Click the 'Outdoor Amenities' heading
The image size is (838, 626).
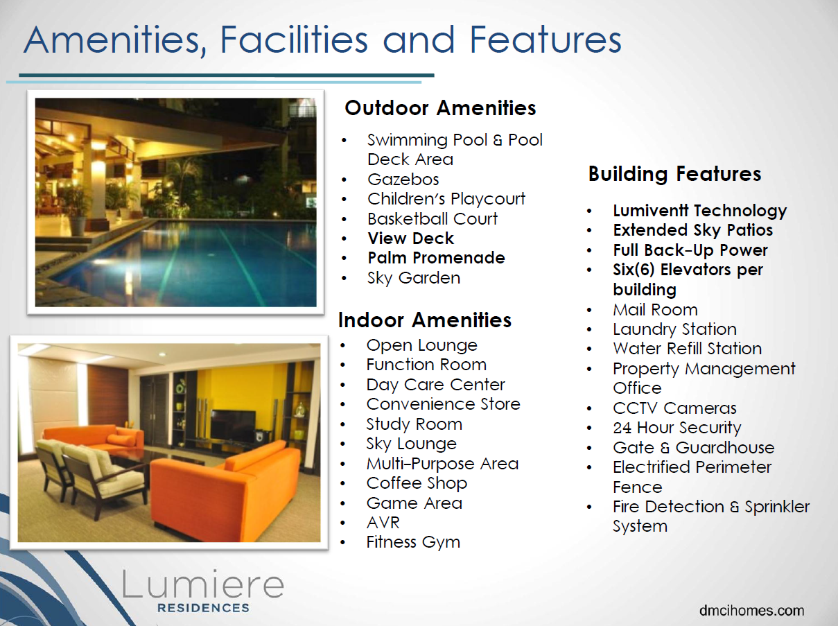(x=440, y=108)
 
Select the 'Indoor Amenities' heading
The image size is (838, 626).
(x=424, y=320)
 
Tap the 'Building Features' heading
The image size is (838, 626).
(x=674, y=174)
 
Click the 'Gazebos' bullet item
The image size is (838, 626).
(x=403, y=180)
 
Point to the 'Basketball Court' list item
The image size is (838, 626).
(x=433, y=218)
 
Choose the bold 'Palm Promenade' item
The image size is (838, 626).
(x=437, y=258)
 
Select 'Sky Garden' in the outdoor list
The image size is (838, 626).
(x=414, y=278)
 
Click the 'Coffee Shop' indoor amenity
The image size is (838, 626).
(x=417, y=484)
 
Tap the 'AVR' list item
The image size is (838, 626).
(x=383, y=523)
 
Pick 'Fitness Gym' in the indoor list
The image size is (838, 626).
(x=413, y=542)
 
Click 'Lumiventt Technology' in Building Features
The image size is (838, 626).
(x=700, y=211)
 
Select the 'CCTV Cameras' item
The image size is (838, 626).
(x=674, y=408)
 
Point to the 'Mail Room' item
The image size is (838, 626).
(x=655, y=310)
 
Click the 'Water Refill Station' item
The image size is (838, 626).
(x=687, y=349)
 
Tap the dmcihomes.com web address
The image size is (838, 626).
(x=751, y=610)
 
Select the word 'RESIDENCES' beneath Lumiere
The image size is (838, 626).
(x=203, y=608)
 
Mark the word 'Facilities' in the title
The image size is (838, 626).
(x=294, y=40)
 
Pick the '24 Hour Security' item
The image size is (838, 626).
(x=677, y=428)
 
